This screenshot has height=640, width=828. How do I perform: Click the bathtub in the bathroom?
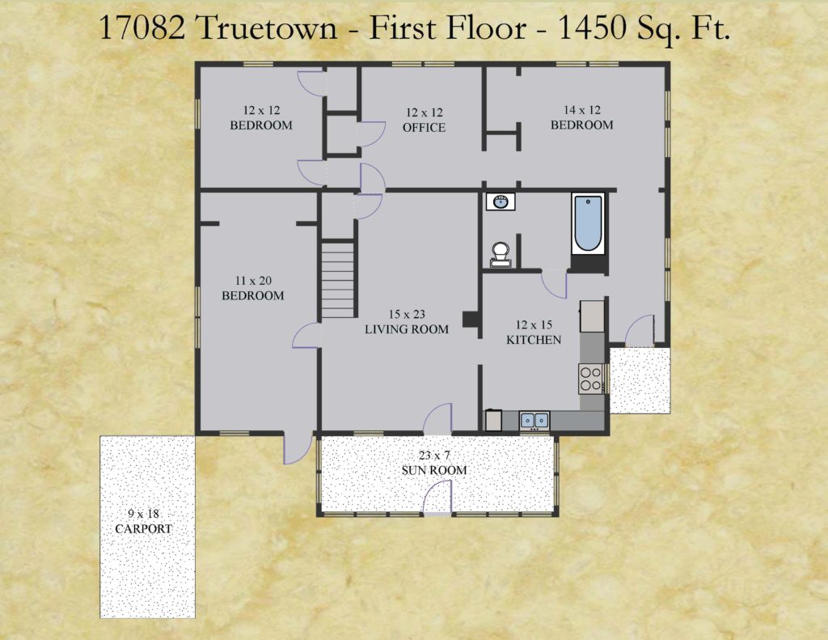point(589,223)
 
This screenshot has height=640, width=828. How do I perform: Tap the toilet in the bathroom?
point(500,254)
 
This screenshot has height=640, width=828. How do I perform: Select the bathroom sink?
point(501,201)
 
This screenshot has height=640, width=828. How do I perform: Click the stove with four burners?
point(591,379)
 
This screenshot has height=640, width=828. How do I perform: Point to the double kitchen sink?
point(534,420)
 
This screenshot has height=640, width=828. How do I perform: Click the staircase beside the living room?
point(337,278)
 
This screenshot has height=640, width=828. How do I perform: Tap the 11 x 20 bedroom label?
point(253,288)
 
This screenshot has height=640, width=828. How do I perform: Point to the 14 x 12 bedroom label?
point(582,117)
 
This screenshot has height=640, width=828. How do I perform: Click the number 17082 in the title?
point(142,28)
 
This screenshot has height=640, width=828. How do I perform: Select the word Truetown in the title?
point(267,28)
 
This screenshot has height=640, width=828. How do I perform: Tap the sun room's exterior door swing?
point(437,496)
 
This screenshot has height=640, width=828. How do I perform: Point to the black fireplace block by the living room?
point(470,320)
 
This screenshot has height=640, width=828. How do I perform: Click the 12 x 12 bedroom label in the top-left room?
point(261,118)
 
